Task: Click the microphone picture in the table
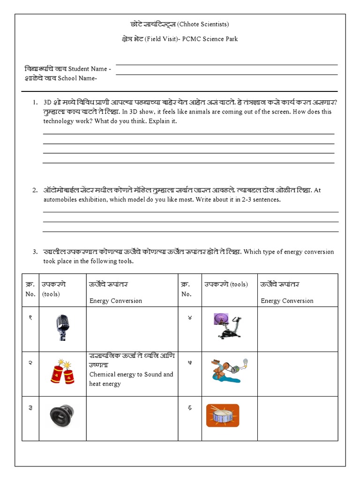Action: pos(62,327)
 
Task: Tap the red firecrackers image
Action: pos(63,373)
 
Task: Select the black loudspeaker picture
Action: pos(62,416)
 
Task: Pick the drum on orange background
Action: pos(223,415)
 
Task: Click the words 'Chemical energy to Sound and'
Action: pos(131,375)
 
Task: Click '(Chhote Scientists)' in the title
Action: pos(203,24)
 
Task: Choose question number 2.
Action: pos(35,190)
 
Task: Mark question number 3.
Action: pos(35,252)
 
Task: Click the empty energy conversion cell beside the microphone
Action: pos(131,329)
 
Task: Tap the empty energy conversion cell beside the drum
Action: pos(297,418)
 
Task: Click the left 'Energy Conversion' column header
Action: pos(115,301)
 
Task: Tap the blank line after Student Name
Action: pos(226,64)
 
